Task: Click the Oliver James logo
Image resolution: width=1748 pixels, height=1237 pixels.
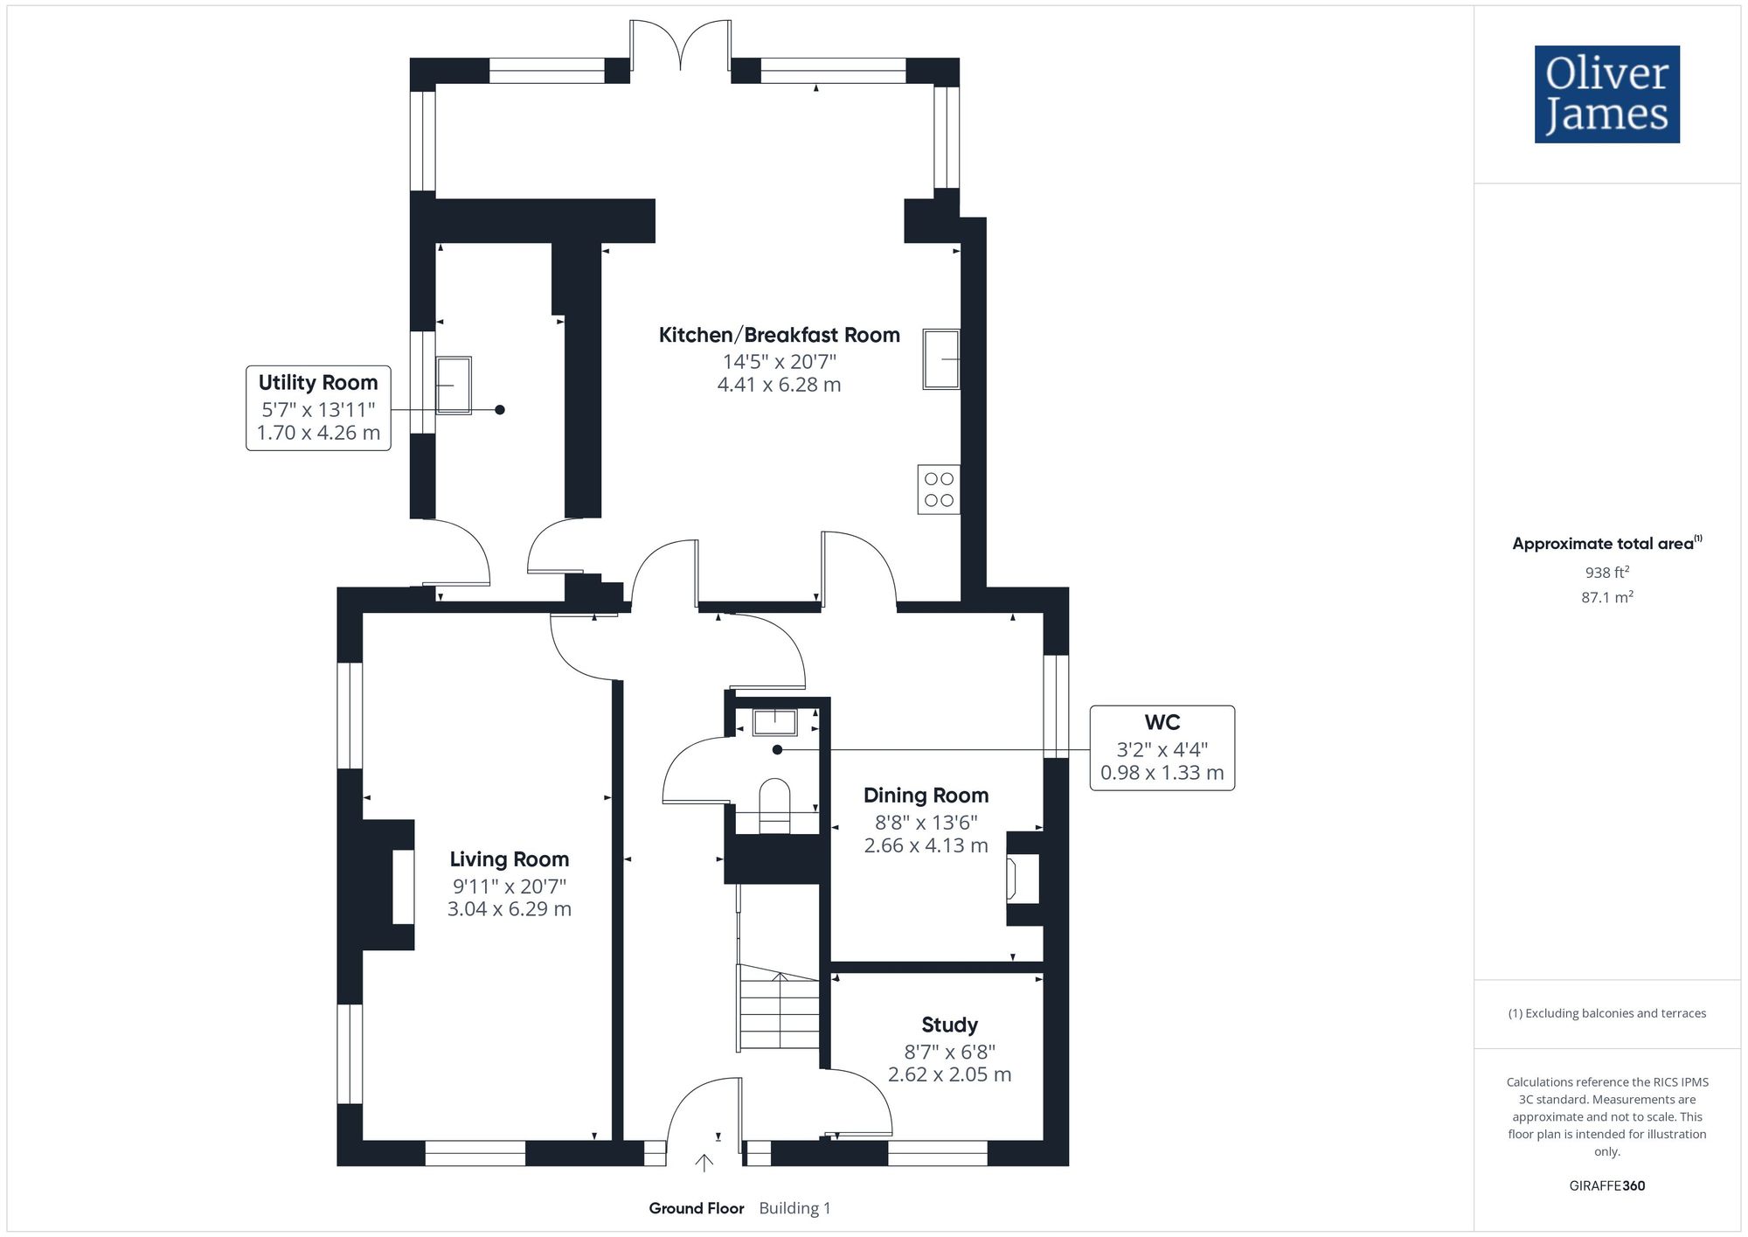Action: [1607, 94]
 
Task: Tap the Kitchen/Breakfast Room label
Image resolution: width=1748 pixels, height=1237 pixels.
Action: [779, 335]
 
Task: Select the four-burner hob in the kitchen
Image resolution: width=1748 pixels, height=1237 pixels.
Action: [939, 490]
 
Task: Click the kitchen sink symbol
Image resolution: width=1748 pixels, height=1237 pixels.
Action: [941, 358]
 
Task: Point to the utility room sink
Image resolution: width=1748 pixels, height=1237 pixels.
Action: [454, 385]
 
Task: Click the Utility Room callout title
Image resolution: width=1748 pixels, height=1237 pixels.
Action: [318, 383]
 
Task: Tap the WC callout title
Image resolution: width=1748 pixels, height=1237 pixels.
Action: [1162, 722]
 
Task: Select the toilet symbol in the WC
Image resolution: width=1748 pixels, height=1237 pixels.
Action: [774, 806]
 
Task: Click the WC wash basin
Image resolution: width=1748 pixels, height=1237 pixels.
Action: [775, 722]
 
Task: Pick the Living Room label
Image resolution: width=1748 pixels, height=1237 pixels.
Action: [510, 859]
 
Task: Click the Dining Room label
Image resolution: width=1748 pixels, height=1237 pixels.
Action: [926, 796]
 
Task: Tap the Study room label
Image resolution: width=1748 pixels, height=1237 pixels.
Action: [950, 1025]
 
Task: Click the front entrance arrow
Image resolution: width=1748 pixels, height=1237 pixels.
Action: [704, 1162]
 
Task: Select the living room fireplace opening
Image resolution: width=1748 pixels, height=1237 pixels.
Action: [403, 886]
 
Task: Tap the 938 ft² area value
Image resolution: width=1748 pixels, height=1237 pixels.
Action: [1607, 573]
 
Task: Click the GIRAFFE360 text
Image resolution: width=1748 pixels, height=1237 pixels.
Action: [1607, 1186]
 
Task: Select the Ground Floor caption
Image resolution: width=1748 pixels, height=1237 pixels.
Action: [697, 1208]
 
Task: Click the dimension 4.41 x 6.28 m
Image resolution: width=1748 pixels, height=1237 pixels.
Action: [780, 385]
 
